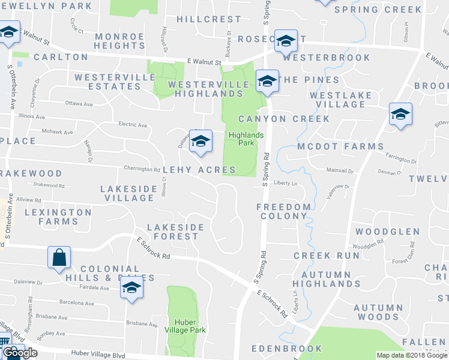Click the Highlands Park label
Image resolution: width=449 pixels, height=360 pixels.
pyautogui.click(x=246, y=139)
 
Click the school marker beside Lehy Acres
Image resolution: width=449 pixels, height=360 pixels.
pyautogui.click(x=201, y=140)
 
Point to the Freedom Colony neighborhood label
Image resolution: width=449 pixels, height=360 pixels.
pyautogui.click(x=283, y=211)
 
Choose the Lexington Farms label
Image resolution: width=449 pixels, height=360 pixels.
pyautogui.click(x=57, y=217)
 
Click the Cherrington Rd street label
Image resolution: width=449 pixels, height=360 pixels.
pyautogui.click(x=142, y=169)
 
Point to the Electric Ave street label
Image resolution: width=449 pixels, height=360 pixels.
pyautogui.click(x=133, y=125)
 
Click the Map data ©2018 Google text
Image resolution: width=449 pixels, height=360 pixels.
pyautogui.click(x=411, y=355)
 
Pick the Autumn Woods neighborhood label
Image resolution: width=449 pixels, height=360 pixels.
pyautogui.click(x=376, y=312)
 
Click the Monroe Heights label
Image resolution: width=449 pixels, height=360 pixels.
pyautogui.click(x=119, y=41)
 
